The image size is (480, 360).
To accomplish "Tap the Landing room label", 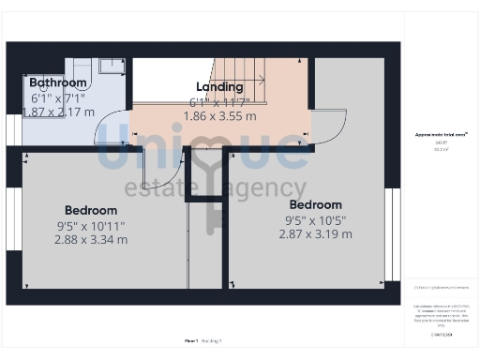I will coord(217,87).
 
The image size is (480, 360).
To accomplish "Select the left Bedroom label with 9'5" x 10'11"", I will coord(90,210).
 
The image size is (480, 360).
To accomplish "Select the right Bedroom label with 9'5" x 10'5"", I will coord(315,204).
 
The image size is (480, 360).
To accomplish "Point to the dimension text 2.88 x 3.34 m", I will coord(90,239).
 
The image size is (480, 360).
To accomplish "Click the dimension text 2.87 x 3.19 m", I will coord(315,233).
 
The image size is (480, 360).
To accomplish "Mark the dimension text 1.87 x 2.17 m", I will coord(58,112).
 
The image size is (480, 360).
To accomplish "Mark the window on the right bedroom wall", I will coord(392,233).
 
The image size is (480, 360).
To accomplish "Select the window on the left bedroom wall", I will coord(14,223).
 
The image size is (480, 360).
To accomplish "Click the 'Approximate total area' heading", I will coord(442,135).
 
